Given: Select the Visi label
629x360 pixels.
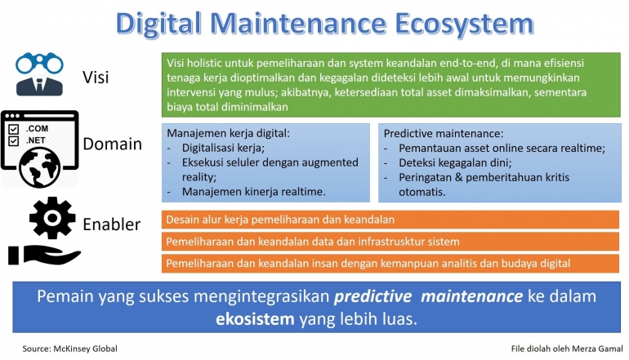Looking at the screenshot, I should (x=97, y=78).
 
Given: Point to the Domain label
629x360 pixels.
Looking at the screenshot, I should (x=112, y=144).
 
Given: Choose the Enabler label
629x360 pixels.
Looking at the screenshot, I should (x=113, y=224).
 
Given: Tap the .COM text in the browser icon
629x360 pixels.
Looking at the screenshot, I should (x=38, y=129).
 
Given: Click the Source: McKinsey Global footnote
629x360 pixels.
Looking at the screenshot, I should (x=70, y=349).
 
